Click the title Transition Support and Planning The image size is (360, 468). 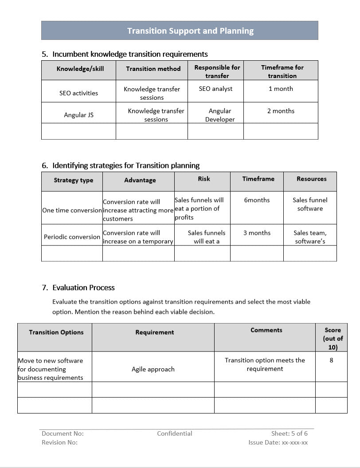click(x=190, y=31)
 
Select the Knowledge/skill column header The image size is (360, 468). click(x=78, y=69)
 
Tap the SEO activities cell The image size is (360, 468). click(x=78, y=93)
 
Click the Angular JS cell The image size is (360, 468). click(x=78, y=115)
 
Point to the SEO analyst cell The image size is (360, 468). click(x=215, y=89)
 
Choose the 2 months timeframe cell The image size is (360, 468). click(x=281, y=111)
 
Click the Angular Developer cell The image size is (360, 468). click(x=220, y=115)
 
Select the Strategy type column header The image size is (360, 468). click(x=74, y=180)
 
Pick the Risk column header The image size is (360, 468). click(x=204, y=179)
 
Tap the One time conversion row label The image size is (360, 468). click(x=72, y=210)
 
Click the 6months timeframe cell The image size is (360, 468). click(x=257, y=200)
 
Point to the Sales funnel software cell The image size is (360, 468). click(x=310, y=204)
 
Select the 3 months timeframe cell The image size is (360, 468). click(x=257, y=233)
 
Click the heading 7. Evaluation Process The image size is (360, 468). click(x=78, y=288)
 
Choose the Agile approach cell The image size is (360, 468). click(x=153, y=369)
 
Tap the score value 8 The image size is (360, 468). click(x=331, y=360)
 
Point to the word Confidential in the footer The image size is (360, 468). click(x=175, y=433)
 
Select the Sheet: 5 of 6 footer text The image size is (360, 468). click(x=290, y=433)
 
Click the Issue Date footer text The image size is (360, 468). click(x=278, y=442)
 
